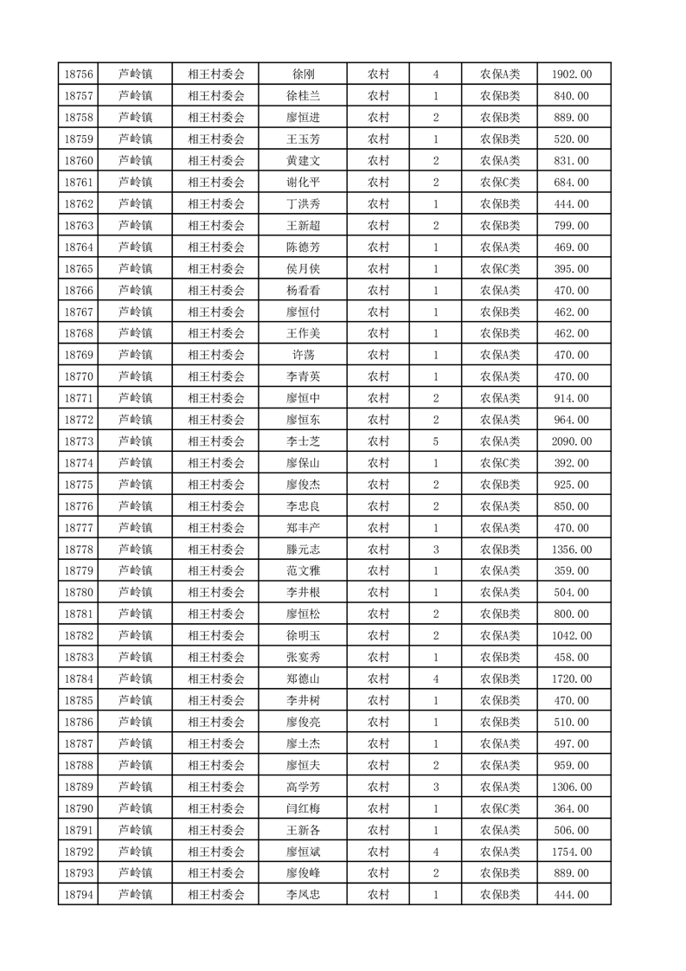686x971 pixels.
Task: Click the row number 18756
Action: click(x=79, y=74)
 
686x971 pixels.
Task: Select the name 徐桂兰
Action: click(x=303, y=96)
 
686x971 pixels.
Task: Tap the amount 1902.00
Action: click(x=572, y=74)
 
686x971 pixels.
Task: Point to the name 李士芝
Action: click(x=303, y=441)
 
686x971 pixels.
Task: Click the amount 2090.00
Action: click(x=572, y=441)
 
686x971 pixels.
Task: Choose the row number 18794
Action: click(x=79, y=895)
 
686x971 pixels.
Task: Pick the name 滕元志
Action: click(x=303, y=550)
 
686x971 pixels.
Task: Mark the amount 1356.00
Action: click(x=572, y=550)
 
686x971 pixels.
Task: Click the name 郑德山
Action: click(x=303, y=679)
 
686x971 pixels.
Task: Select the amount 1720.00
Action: click(x=572, y=679)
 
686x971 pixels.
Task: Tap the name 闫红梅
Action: click(x=303, y=808)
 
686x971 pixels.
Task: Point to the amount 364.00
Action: click(x=572, y=808)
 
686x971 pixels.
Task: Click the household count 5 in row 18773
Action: click(x=435, y=441)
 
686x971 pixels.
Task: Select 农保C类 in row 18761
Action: click(x=500, y=183)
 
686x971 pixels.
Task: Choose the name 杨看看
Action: click(x=303, y=291)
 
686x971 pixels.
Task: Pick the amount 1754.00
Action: click(x=572, y=852)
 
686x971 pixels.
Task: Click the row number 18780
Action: click(x=79, y=593)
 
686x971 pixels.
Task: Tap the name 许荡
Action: click(x=303, y=355)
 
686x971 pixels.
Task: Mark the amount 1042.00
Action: click(x=572, y=636)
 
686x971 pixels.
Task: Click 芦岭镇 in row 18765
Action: click(x=135, y=269)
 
